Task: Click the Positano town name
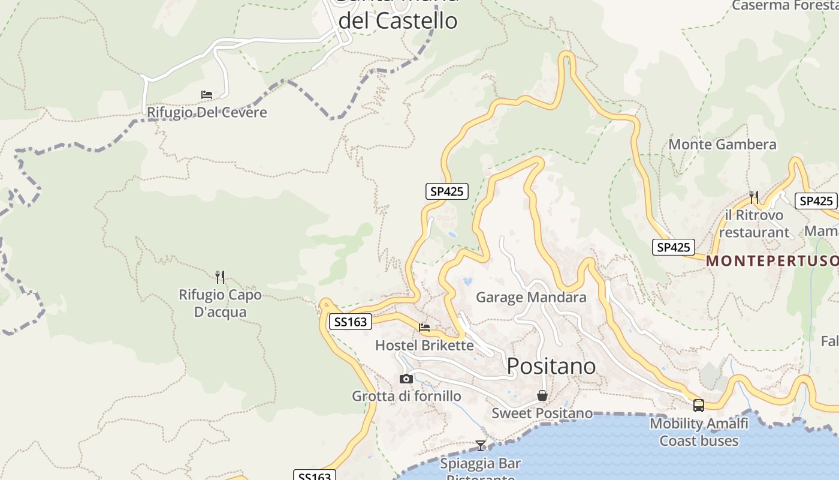point(551,365)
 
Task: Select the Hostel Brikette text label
point(424,346)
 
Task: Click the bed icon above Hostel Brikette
point(424,328)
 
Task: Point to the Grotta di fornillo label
point(406,396)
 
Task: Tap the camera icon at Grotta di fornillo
point(406,379)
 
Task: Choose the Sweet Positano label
point(542,413)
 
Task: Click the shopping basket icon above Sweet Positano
point(542,395)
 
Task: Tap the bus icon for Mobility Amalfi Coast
point(699,406)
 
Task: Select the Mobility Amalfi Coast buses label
point(699,432)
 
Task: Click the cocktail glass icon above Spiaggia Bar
point(481,445)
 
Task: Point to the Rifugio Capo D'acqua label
point(221,304)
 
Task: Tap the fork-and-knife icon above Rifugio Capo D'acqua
point(220,277)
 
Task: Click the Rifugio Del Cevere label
point(207,112)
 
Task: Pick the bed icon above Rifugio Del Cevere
point(207,95)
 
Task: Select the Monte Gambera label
point(722,145)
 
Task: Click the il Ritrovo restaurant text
point(754,223)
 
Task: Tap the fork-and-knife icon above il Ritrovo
point(754,197)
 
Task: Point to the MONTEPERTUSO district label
point(772,261)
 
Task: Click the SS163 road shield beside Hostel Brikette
point(351,322)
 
